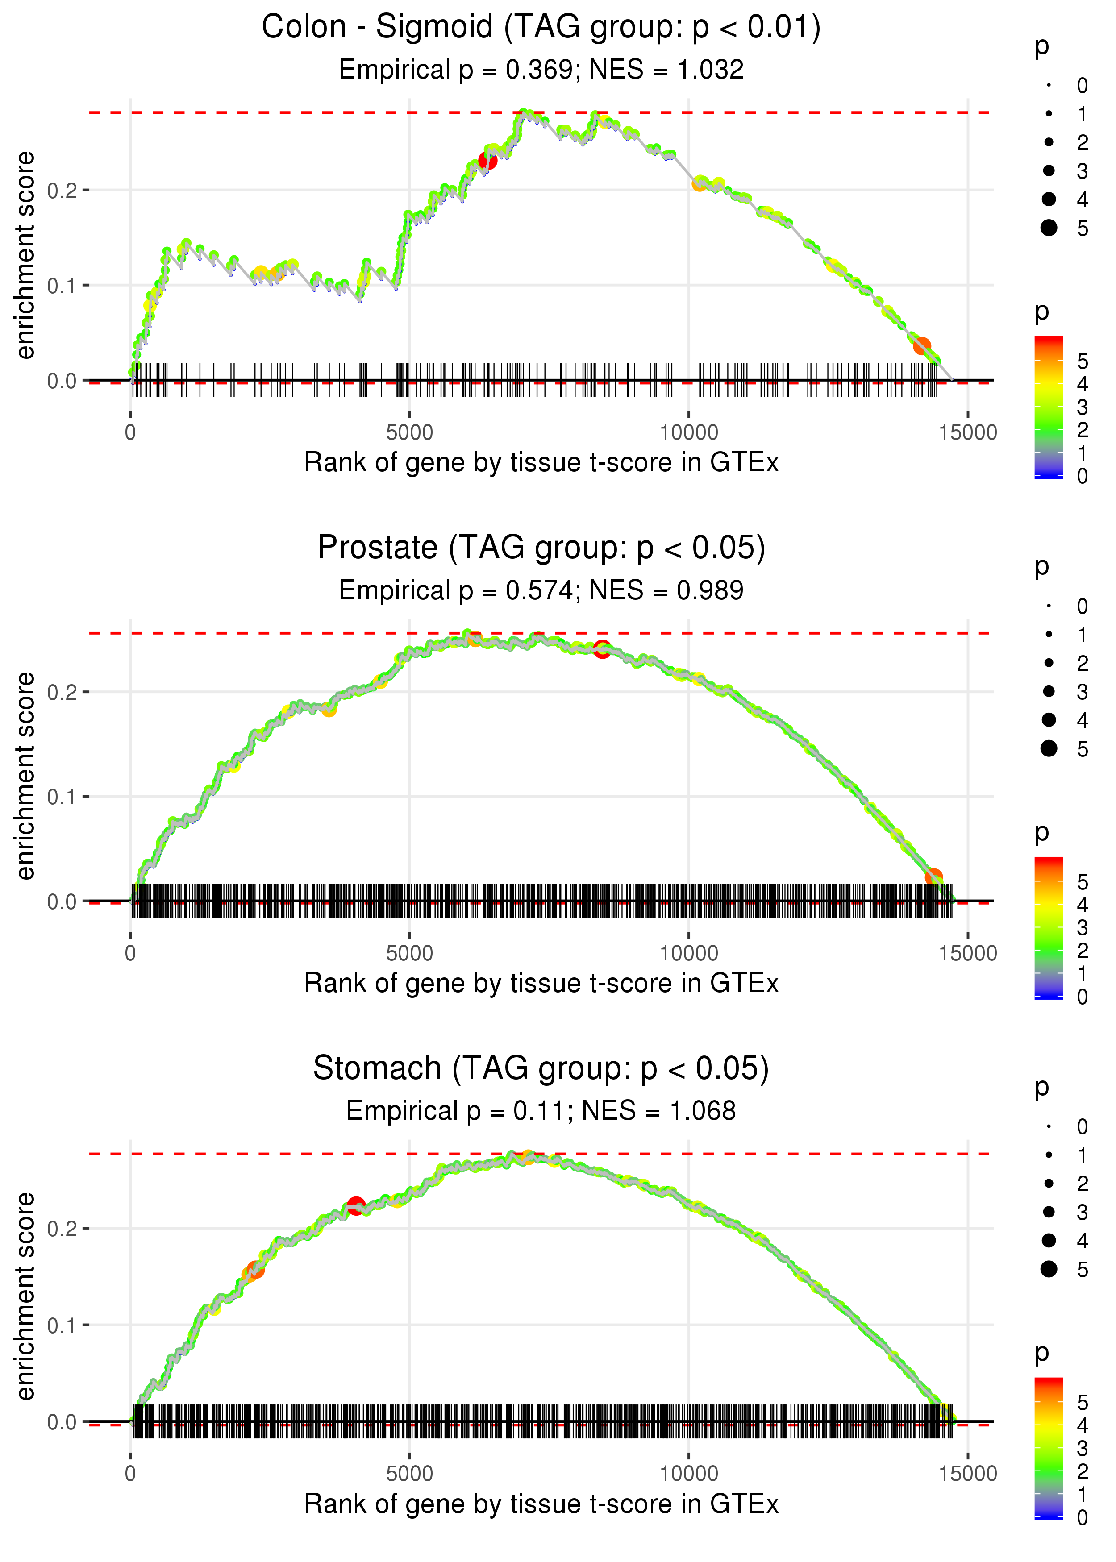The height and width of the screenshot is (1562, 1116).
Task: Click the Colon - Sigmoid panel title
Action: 541,28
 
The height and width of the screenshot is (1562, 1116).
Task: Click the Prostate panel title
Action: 541,548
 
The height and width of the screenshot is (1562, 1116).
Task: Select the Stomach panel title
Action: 541,1069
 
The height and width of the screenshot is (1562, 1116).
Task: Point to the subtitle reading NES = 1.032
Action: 666,69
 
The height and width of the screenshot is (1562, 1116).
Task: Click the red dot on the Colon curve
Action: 487,161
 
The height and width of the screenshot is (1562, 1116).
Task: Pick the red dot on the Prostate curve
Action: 602,648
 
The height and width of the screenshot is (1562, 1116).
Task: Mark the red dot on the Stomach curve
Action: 355,1205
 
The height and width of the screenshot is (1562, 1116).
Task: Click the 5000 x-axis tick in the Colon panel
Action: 409,433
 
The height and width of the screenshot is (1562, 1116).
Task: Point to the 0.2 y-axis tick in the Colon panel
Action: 62,190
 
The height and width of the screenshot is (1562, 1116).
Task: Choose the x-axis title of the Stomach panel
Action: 541,1505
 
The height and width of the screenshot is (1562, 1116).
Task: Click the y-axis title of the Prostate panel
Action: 25,776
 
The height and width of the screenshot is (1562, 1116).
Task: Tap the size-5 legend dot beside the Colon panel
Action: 1049,227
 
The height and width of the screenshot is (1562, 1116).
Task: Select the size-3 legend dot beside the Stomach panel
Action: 1049,1213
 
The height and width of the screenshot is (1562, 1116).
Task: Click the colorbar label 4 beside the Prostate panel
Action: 1083,905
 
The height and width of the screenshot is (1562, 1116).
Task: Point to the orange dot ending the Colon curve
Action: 921,345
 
